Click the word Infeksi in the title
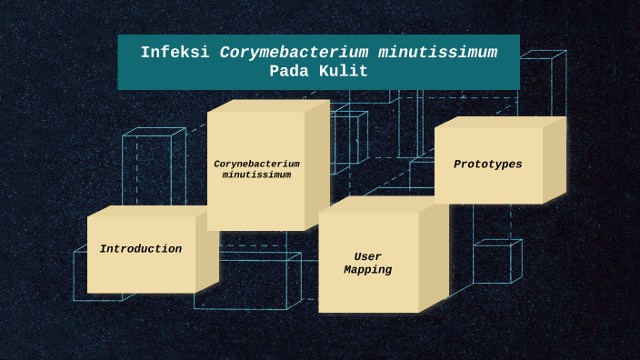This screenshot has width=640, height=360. pos(176,53)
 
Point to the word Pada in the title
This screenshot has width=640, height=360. pos(289,72)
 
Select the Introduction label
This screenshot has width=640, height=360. pos(141,249)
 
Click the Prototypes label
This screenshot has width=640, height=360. pos(488,165)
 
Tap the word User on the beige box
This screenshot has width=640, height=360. pos(367,257)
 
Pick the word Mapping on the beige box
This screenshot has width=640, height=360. pos(367,270)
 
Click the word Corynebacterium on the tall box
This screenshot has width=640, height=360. pos(256,165)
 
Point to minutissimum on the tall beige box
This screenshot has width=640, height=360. pos(256,175)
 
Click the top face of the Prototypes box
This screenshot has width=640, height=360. pos(499,122)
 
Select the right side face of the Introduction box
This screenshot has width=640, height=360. pos(206,253)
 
